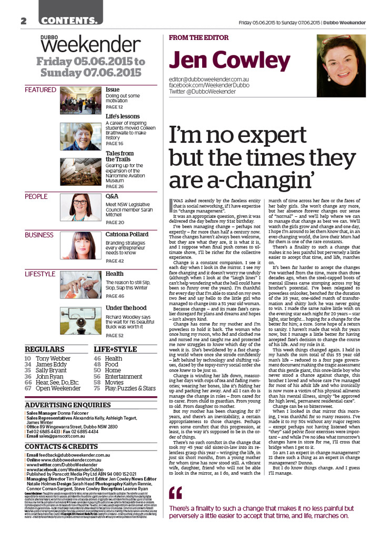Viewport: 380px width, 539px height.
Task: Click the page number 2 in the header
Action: (24, 21)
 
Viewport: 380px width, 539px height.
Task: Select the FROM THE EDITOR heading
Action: (199, 38)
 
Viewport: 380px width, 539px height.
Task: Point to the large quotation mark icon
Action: (175, 493)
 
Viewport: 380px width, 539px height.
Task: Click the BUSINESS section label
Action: (39, 235)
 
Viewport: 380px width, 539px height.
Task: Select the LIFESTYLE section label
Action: (40, 274)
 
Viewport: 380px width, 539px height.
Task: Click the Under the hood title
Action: (126, 307)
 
